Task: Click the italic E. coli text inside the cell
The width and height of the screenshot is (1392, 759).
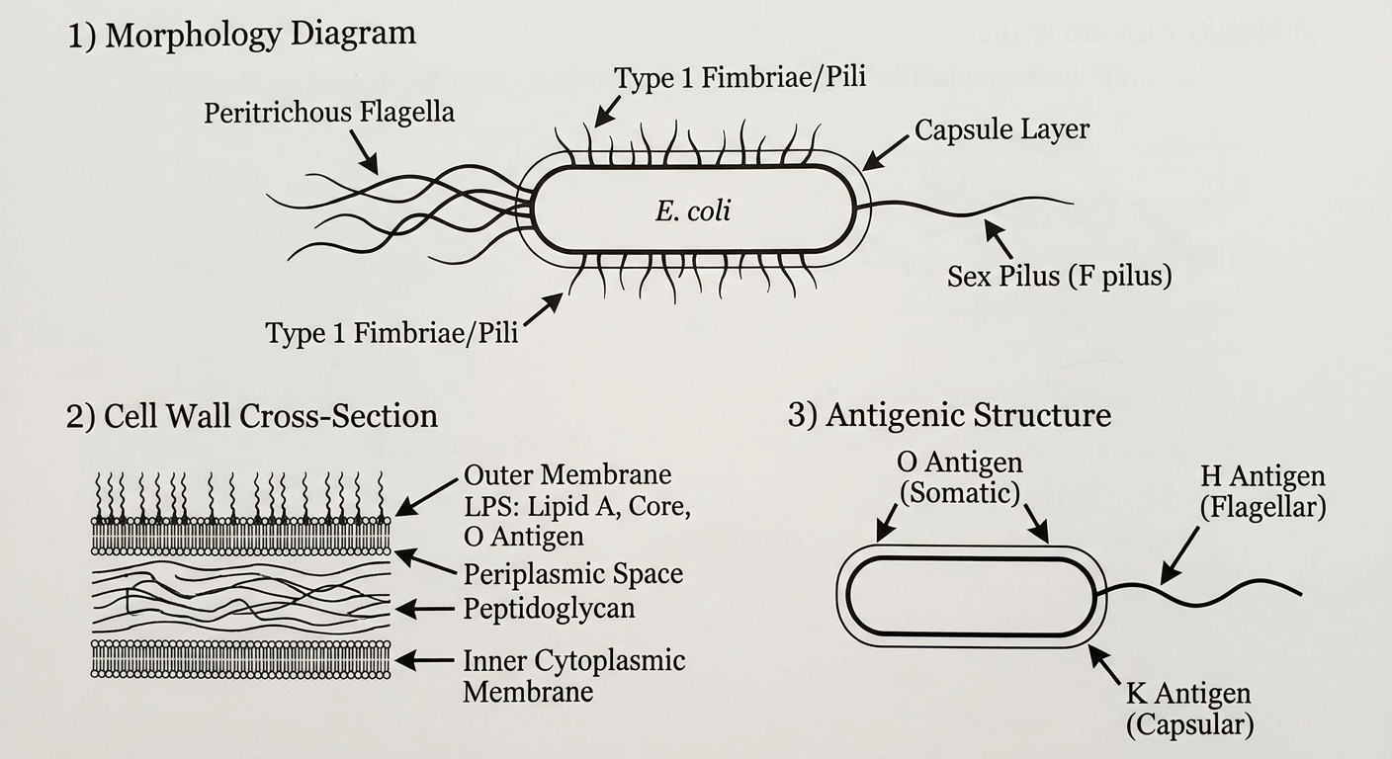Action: point(693,211)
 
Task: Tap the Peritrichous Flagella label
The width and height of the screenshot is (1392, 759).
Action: point(329,113)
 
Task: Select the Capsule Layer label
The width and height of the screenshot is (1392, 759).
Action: point(1001,129)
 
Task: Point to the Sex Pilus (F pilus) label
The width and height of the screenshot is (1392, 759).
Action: point(1059,275)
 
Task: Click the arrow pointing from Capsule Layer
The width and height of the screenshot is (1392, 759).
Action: point(886,153)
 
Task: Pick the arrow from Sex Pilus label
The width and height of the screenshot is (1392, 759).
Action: point(998,239)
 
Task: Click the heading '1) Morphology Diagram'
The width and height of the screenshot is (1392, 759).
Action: point(242,35)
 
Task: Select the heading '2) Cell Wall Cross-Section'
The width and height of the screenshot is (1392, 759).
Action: point(252,415)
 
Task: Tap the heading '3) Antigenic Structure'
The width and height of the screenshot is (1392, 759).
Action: point(949,415)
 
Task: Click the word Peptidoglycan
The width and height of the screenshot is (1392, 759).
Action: point(550,608)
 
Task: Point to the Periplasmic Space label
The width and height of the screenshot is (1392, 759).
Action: point(573,573)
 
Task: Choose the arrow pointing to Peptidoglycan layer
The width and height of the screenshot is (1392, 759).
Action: point(424,610)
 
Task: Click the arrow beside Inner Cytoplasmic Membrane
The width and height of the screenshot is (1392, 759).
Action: point(424,660)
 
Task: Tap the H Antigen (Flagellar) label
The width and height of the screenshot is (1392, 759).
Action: point(1262,492)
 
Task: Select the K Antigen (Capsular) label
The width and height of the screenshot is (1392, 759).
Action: point(1189,710)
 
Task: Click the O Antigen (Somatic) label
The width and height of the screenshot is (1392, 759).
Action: point(960,477)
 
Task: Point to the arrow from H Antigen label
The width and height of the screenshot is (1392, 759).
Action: point(1179,555)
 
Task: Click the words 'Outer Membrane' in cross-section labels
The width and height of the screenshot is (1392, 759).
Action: point(567,475)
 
